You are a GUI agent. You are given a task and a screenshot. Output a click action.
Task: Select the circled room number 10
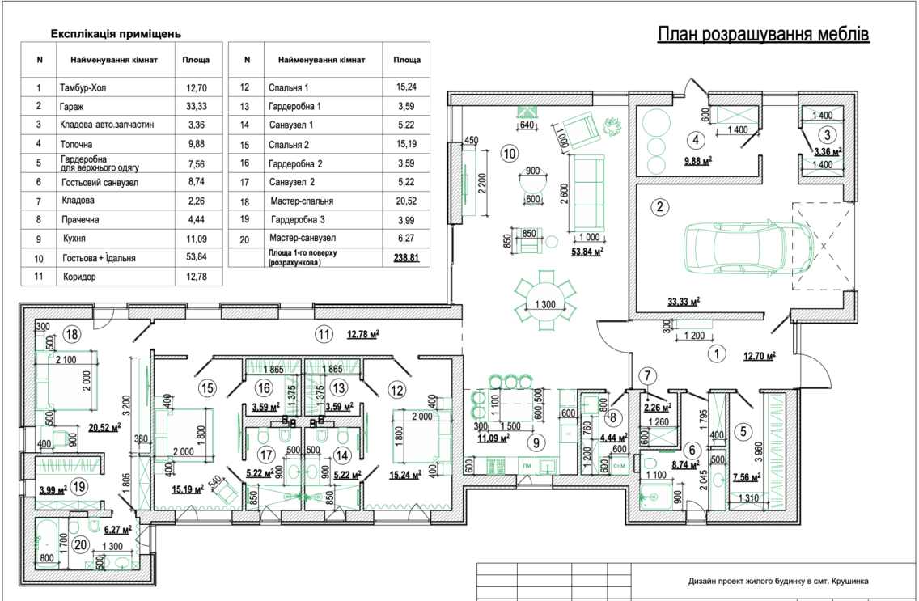(x=510, y=154)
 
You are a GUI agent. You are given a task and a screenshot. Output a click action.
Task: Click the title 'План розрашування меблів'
(x=763, y=34)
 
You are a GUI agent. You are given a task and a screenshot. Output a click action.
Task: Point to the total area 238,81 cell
(x=406, y=257)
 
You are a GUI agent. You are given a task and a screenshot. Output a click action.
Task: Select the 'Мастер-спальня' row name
(x=301, y=201)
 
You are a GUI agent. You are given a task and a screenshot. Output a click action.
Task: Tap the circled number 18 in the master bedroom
(x=73, y=335)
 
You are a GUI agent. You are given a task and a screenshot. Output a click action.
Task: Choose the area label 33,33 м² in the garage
(x=684, y=303)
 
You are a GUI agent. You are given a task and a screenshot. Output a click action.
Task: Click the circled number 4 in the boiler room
(x=696, y=140)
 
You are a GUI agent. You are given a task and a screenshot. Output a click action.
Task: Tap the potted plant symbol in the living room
(x=612, y=126)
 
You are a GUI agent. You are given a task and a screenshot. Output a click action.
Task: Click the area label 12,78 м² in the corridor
(x=362, y=335)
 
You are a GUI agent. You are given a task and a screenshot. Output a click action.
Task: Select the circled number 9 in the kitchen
(x=535, y=443)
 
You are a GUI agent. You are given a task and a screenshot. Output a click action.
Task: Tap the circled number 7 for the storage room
(x=647, y=375)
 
